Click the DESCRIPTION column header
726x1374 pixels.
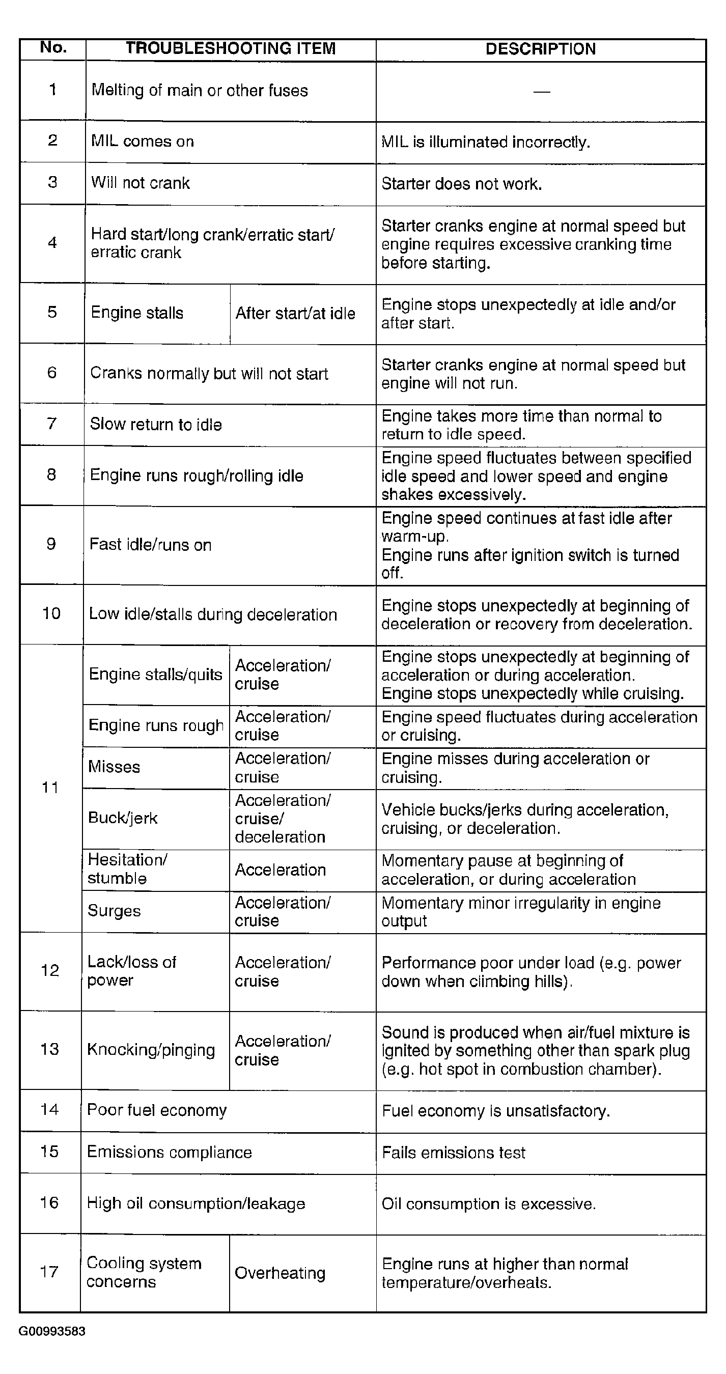click(540, 49)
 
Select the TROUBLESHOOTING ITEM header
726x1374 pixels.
click(231, 48)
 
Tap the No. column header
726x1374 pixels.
click(53, 48)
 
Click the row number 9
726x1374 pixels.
click(51, 544)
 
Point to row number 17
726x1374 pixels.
click(49, 1272)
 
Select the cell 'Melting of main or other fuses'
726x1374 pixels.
click(200, 90)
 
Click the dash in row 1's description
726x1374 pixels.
click(541, 92)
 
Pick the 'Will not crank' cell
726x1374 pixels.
click(141, 183)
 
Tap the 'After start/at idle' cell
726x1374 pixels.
click(295, 313)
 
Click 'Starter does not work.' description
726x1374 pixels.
click(461, 184)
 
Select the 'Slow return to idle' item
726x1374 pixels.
click(156, 425)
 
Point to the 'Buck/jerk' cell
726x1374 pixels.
click(123, 818)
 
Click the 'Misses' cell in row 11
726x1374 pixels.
click(114, 767)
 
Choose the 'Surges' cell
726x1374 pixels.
click(114, 911)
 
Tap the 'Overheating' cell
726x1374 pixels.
click(280, 1273)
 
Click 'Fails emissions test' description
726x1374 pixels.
click(454, 1153)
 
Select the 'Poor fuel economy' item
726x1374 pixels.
click(157, 1110)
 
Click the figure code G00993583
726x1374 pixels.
click(52, 1331)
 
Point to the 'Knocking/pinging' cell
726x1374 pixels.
click(151, 1050)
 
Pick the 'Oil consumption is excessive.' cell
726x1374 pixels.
click(489, 1204)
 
